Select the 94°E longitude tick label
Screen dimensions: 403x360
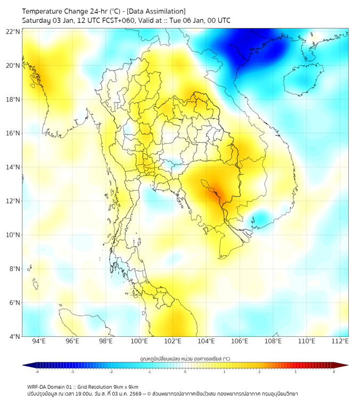(39, 341)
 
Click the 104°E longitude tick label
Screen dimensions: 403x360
(206, 341)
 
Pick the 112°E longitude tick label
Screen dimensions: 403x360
(340, 341)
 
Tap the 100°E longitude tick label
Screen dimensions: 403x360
(139, 341)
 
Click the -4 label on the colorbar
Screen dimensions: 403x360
(37, 372)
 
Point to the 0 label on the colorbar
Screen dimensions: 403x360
(185, 372)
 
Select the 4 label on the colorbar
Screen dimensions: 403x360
(333, 372)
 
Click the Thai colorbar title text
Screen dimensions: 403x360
(185, 359)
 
